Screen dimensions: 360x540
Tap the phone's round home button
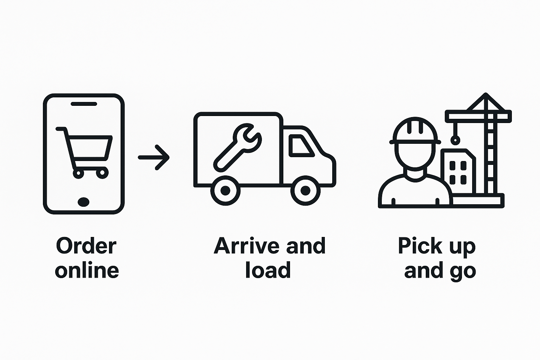click(x=83, y=202)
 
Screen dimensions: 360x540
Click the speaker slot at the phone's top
click(x=84, y=104)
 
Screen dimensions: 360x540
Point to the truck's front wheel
click(x=306, y=191)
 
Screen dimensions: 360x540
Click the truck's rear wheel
click(x=225, y=191)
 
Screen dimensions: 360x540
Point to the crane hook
click(x=455, y=140)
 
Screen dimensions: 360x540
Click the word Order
click(x=86, y=246)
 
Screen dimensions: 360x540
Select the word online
click(x=87, y=271)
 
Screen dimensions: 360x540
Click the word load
click(x=268, y=271)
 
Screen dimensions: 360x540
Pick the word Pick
click(x=415, y=246)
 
